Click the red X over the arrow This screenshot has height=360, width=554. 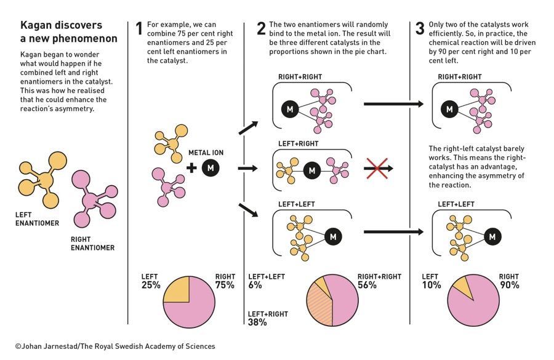pyautogui.click(x=377, y=169)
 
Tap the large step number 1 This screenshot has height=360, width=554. pyautogui.click(x=139, y=29)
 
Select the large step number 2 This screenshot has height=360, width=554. pyautogui.click(x=261, y=29)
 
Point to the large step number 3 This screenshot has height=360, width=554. pyautogui.click(x=420, y=29)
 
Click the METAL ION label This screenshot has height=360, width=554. pyautogui.click(x=206, y=153)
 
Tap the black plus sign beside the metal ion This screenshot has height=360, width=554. pyautogui.click(x=191, y=167)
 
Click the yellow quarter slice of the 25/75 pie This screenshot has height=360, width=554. pyautogui.click(x=176, y=289)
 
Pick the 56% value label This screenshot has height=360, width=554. pyautogui.click(x=367, y=285)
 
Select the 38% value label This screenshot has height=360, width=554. pyautogui.click(x=257, y=322)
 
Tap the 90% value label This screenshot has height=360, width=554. pyautogui.click(x=510, y=285)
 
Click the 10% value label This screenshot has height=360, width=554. pyautogui.click(x=432, y=285)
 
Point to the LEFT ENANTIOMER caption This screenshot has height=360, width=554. pyautogui.click(x=37, y=219)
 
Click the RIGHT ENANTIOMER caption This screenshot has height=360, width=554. pyautogui.click(x=92, y=244)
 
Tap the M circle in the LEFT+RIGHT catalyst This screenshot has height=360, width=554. pyautogui.click(x=312, y=170)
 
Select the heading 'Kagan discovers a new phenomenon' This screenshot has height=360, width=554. pyautogui.click(x=68, y=32)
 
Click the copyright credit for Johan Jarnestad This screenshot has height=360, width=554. pyautogui.click(x=115, y=346)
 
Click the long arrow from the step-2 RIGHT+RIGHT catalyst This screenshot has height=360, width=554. pyautogui.click(x=393, y=104)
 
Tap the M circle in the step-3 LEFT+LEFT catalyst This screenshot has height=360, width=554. pyautogui.click(x=492, y=237)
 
